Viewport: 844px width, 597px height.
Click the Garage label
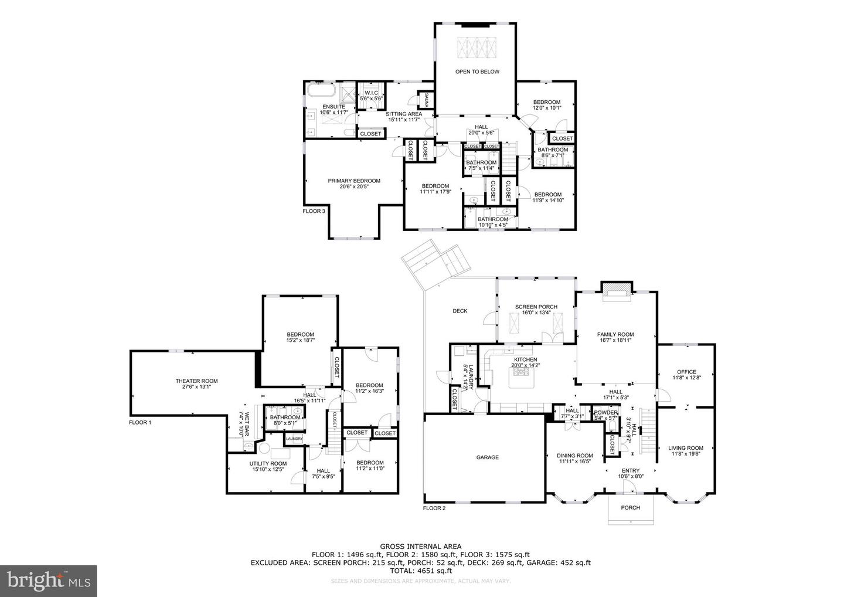tap(487, 457)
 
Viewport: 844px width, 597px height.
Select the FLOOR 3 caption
tap(314, 211)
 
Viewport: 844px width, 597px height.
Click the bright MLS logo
tap(48, 581)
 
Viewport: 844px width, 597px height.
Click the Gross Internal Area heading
tap(420, 546)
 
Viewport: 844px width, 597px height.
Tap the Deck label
tap(460, 311)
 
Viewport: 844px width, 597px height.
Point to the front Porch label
tap(630, 507)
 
